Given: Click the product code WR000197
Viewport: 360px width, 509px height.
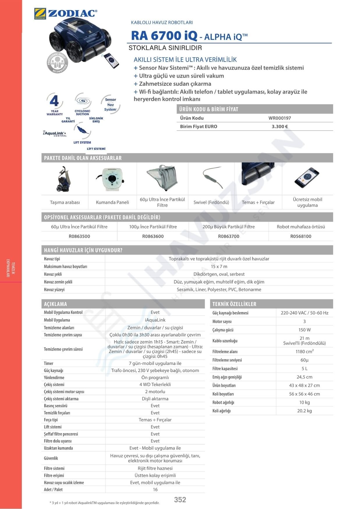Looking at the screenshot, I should click(279, 118).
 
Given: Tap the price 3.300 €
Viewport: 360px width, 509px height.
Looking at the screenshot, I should click(279, 127).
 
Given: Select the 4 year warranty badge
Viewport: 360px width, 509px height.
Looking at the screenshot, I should click(54, 104).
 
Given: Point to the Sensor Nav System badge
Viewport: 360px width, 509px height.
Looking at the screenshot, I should click(111, 104).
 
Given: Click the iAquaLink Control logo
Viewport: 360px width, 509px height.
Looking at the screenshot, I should click(55, 134).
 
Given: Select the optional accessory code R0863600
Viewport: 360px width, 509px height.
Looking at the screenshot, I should click(153, 236).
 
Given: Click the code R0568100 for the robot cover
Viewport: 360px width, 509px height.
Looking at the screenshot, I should click(301, 236).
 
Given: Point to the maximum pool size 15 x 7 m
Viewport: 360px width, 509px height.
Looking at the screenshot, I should click(219, 266).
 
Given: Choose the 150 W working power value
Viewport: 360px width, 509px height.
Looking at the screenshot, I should click(304, 330).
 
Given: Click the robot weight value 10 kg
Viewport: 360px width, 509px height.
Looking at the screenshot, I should click(304, 402).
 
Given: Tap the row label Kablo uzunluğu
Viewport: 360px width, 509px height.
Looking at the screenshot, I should click(225, 341).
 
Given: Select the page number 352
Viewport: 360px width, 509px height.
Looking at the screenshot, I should click(180, 499).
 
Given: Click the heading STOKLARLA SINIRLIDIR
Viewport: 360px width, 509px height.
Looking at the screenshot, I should click(165, 48).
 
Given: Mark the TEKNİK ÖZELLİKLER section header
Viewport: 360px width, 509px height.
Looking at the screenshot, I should click(234, 304).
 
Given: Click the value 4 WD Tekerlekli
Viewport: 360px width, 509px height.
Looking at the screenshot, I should click(155, 385).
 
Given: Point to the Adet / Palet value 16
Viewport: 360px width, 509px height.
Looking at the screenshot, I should click(155, 490).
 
